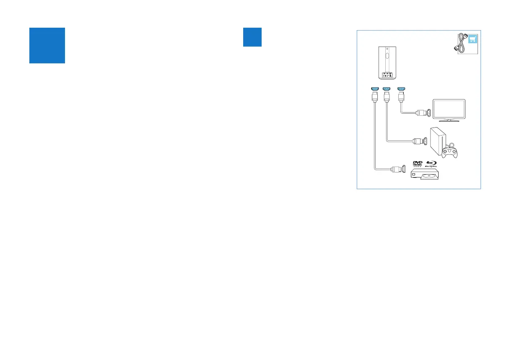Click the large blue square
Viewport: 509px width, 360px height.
pyautogui.click(x=47, y=45)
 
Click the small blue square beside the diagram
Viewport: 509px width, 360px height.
pyautogui.click(x=252, y=37)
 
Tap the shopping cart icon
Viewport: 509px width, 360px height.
pyautogui.click(x=472, y=39)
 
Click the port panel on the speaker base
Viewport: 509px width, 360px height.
pyautogui.click(x=387, y=75)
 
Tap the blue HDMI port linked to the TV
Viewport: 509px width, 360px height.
pyautogui.click(x=400, y=89)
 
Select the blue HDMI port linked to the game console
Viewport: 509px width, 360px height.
pyautogui.click(x=387, y=89)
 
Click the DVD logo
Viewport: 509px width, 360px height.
pyautogui.click(x=417, y=164)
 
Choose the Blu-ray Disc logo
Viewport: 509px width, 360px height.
pyautogui.click(x=431, y=164)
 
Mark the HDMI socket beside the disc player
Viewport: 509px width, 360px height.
pyautogui.click(x=403, y=170)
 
